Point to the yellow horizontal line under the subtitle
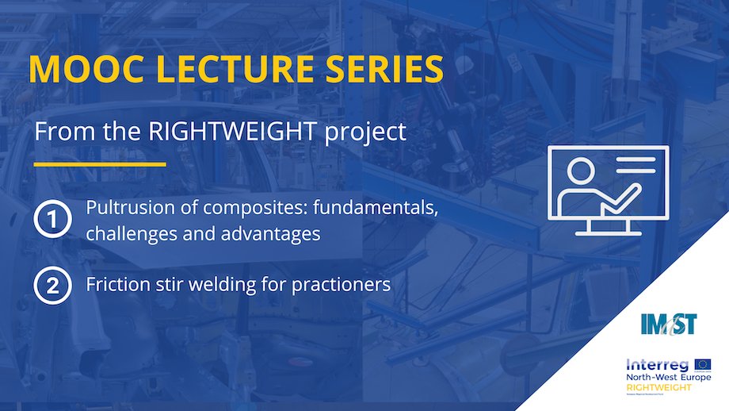click(x=100, y=164)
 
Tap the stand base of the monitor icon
click(x=608, y=233)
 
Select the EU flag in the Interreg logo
click(x=702, y=364)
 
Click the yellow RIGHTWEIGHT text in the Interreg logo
click(x=658, y=386)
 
